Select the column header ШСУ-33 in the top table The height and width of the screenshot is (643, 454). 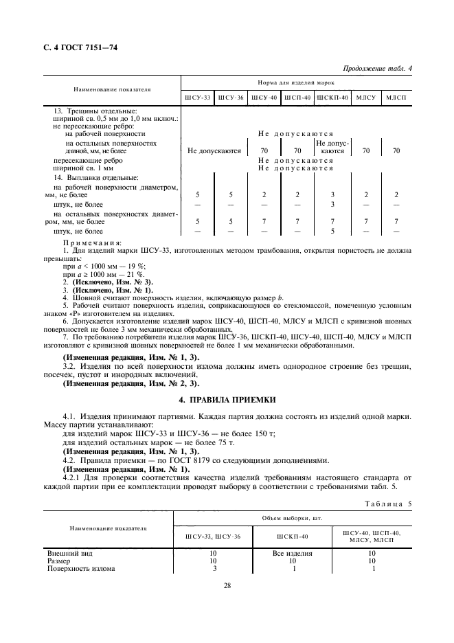pos(197,98)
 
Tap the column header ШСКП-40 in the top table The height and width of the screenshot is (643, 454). pos(332,98)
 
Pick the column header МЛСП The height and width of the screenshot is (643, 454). pos(396,98)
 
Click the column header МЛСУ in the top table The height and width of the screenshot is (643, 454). pos(367,98)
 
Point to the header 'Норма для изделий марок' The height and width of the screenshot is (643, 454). pos(297,82)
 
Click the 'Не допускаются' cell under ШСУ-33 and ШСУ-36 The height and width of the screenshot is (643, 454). pos(214,150)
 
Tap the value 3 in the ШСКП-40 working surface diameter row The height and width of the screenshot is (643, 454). pos(332,195)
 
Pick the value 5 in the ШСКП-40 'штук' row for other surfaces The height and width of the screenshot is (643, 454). pos(332,232)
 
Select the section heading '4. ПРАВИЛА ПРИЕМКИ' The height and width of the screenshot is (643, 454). pos(227,399)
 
